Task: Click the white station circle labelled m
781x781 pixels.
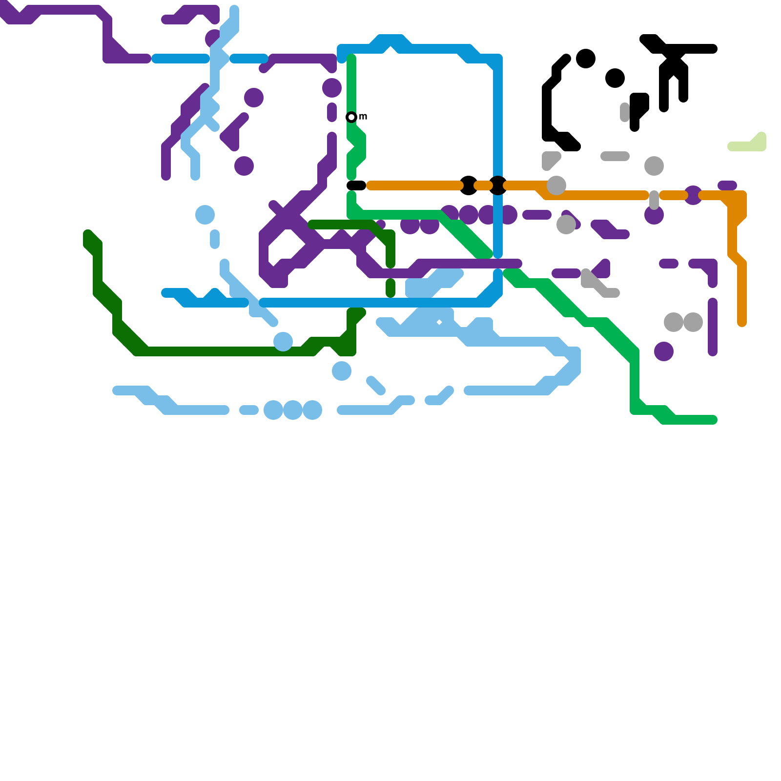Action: (351, 117)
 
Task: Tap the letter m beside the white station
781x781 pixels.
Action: (363, 117)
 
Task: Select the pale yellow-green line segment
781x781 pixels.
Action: (747, 145)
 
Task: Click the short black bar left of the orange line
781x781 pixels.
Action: (356, 185)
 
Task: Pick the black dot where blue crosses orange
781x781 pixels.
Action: (498, 185)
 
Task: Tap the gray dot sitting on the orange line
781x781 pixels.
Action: (556, 185)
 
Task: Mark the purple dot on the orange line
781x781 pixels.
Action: (693, 195)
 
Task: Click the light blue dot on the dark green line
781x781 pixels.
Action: (283, 342)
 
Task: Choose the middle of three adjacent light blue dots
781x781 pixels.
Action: (293, 410)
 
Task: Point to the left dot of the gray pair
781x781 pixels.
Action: (674, 322)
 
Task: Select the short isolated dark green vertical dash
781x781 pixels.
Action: (390, 288)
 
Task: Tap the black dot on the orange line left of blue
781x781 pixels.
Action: (469, 185)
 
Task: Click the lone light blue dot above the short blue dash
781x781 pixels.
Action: (205, 215)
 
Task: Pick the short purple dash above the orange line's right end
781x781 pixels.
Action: (727, 185)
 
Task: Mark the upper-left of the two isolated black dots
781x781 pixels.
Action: (586, 59)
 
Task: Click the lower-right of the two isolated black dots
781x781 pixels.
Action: (615, 78)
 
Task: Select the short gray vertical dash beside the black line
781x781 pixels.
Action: (625, 112)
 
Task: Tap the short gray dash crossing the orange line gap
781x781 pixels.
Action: (654, 200)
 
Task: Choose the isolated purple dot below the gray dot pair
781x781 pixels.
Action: (664, 351)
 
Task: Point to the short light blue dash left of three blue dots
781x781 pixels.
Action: (249, 410)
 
